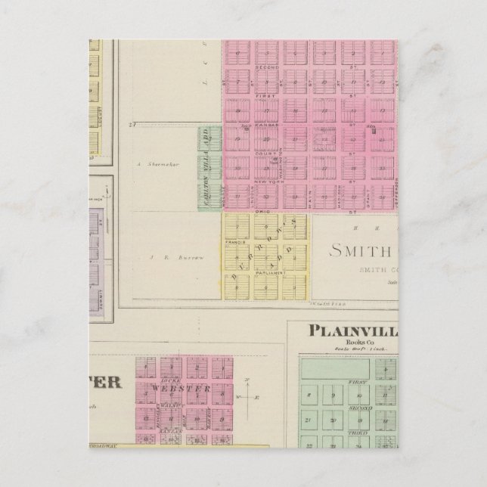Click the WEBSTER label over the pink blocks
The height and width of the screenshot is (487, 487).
181,388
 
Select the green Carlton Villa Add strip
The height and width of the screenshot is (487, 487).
209,167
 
